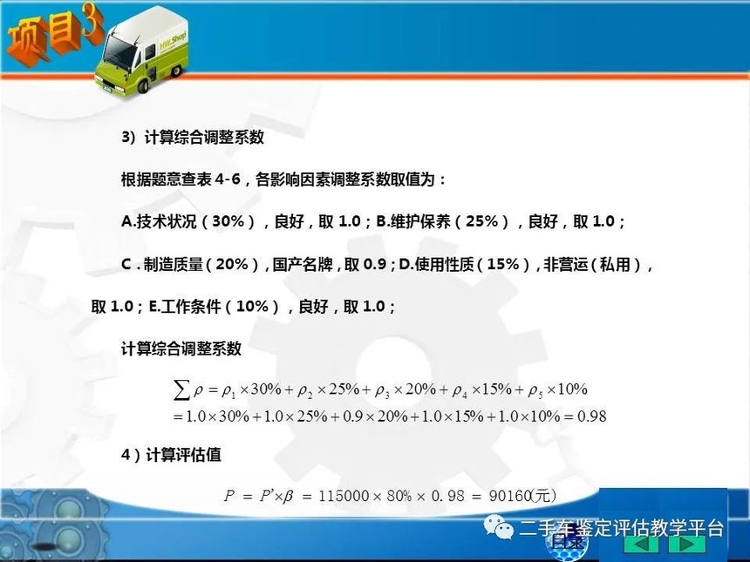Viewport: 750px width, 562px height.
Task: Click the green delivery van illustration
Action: (141, 51)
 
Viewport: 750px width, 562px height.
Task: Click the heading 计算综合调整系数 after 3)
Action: (204, 138)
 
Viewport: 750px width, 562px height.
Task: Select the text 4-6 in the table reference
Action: (228, 179)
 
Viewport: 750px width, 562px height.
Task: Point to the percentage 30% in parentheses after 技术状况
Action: (228, 221)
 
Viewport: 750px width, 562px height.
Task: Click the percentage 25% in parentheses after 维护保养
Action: (482, 221)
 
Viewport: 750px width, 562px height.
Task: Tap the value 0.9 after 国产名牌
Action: (375, 264)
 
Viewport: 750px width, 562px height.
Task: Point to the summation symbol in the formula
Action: (181, 390)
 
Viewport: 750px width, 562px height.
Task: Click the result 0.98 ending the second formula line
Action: (591, 416)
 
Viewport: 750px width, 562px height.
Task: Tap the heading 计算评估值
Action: (183, 455)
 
